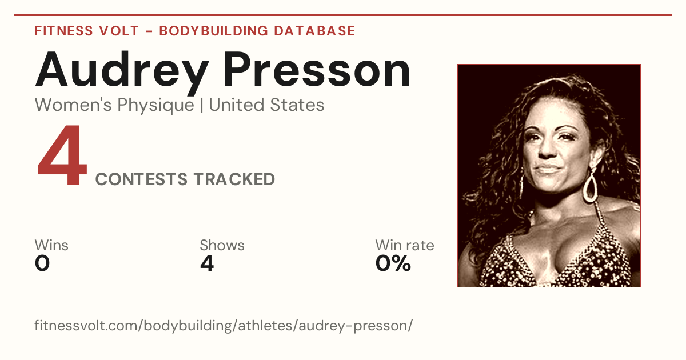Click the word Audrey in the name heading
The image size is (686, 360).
pyautogui.click(x=122, y=73)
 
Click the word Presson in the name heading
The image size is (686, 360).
pyautogui.click(x=317, y=70)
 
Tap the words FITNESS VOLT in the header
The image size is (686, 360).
pyautogui.click(x=87, y=31)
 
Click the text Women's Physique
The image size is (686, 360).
pyautogui.click(x=114, y=106)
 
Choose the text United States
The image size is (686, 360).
pyautogui.click(x=266, y=105)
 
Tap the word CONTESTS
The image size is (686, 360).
pyautogui.click(x=141, y=179)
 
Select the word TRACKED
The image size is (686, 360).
pyautogui.click(x=234, y=179)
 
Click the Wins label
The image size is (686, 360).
pyautogui.click(x=51, y=245)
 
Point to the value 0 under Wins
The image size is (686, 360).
pyautogui.click(x=42, y=263)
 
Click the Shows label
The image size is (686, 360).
pyautogui.click(x=222, y=245)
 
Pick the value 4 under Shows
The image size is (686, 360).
pyautogui.click(x=207, y=263)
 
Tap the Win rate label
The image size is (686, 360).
pyautogui.click(x=405, y=245)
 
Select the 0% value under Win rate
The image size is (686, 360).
pyautogui.click(x=393, y=263)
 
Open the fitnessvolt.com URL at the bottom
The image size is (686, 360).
pyautogui.click(x=224, y=326)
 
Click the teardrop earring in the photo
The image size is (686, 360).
pyautogui.click(x=590, y=186)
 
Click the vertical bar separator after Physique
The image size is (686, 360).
pyautogui.click(x=201, y=106)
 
